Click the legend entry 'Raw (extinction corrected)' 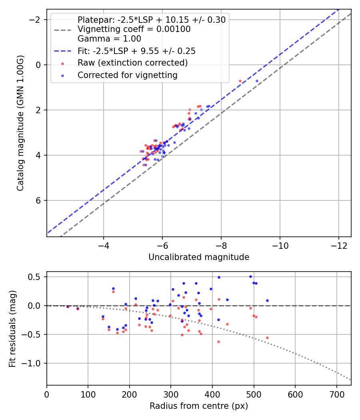click(x=132, y=63)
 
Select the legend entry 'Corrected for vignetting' click(x=128, y=75)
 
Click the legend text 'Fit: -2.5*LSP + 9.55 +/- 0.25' click(x=136, y=51)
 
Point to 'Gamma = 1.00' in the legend click(x=109, y=39)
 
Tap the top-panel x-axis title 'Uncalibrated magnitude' click(x=199, y=257)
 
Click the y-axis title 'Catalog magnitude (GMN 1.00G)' click(x=20, y=123)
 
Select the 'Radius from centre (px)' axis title click(x=199, y=406)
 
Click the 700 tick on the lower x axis click(x=336, y=394)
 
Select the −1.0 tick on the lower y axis click(x=34, y=363)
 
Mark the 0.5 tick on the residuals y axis click(x=36, y=277)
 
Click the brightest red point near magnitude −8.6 click(x=240, y=81)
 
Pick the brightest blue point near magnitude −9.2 click(x=257, y=81)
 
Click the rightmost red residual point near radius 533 click(x=267, y=338)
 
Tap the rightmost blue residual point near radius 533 click(x=267, y=300)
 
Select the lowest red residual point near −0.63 click(x=218, y=342)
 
